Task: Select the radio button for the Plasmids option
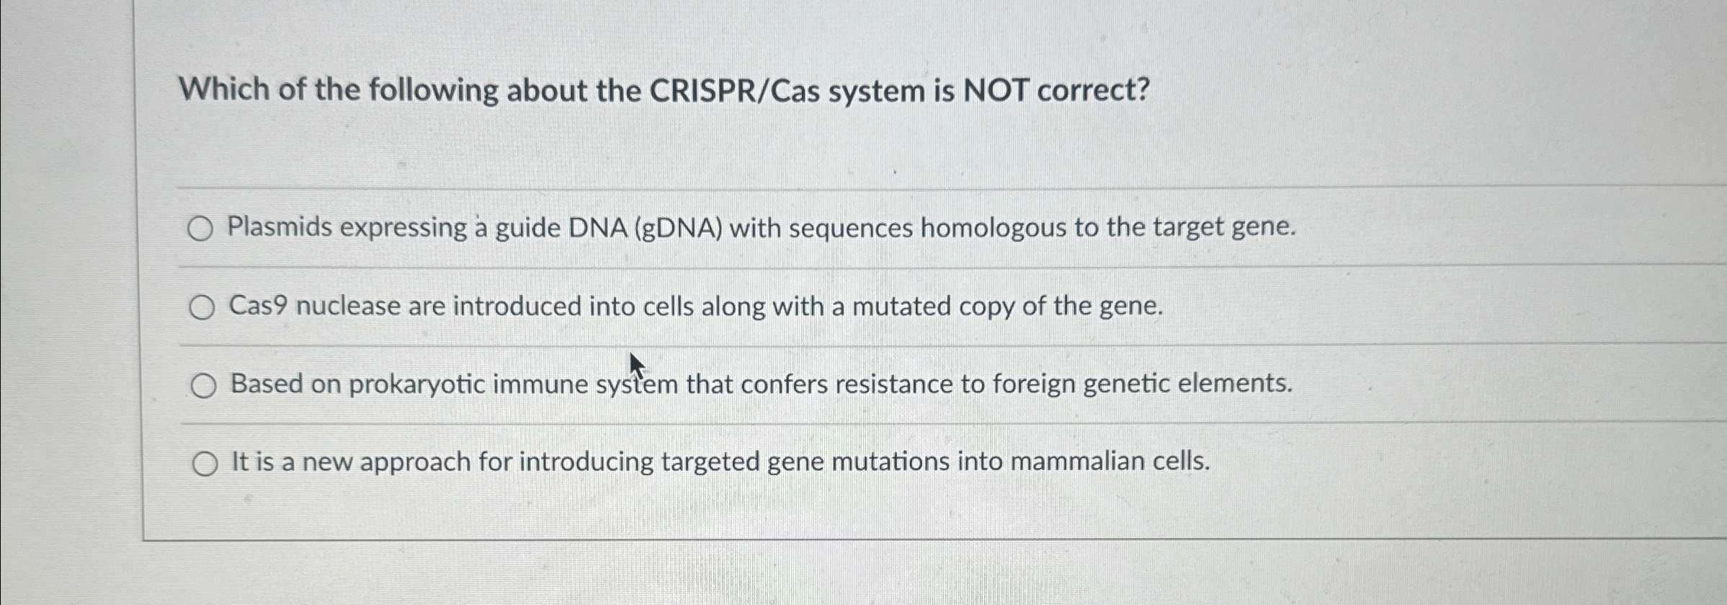click(x=200, y=229)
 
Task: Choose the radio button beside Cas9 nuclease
click(x=202, y=308)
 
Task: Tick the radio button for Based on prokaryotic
click(x=203, y=387)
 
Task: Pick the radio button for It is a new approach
click(x=205, y=464)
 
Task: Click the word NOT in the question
click(x=996, y=91)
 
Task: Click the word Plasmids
click(x=280, y=228)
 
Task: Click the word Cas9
click(x=259, y=306)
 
